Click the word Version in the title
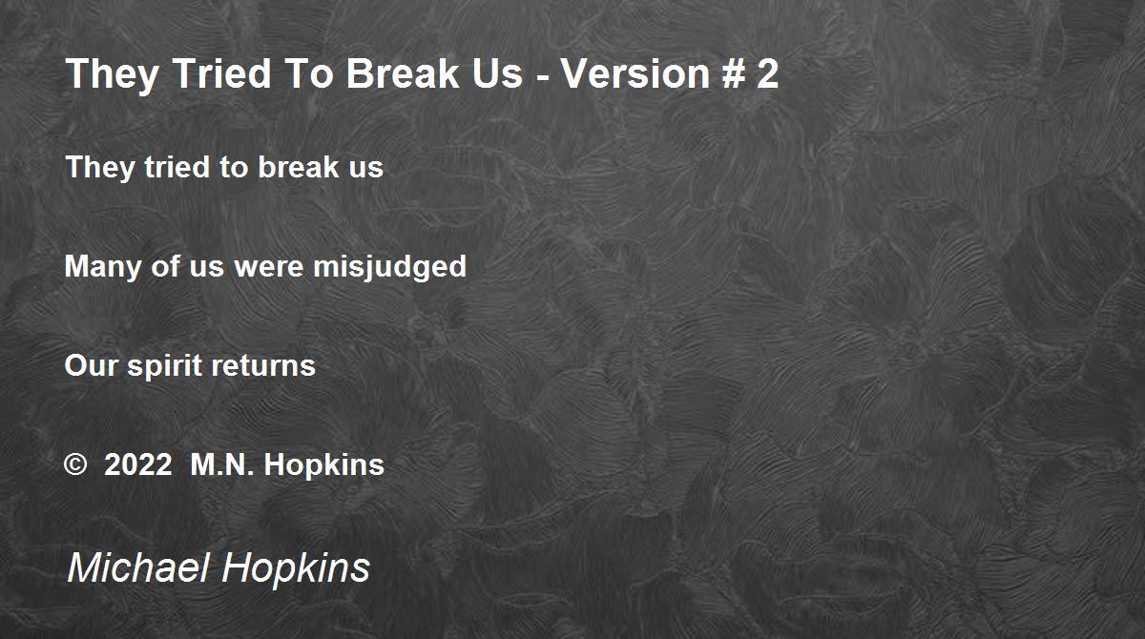point(635,73)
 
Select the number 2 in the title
point(768,73)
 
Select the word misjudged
point(389,268)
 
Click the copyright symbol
point(75,464)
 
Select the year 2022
point(138,464)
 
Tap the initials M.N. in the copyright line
point(221,464)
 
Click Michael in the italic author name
point(138,567)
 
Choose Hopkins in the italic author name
point(296,569)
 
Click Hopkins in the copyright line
point(324,465)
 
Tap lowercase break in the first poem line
point(299,167)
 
